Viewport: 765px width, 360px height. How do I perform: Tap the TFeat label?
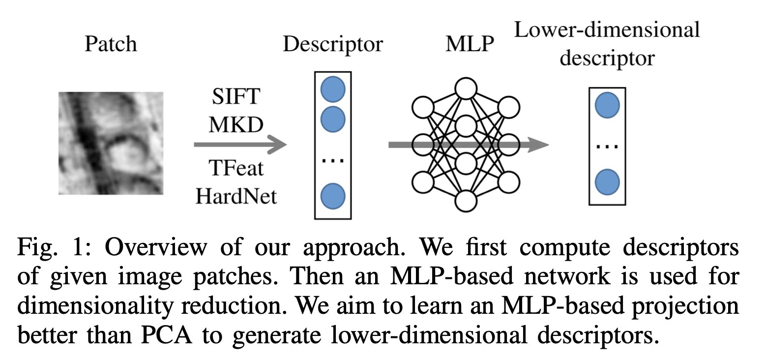[235, 169]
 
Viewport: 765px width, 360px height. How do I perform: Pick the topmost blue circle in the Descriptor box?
[332, 89]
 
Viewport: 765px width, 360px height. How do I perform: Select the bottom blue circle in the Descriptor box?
[332, 196]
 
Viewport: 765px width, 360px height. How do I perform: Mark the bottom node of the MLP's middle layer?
[466, 200]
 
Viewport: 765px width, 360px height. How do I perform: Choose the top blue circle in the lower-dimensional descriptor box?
[607, 106]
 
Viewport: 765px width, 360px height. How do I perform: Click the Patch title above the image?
[111, 45]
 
